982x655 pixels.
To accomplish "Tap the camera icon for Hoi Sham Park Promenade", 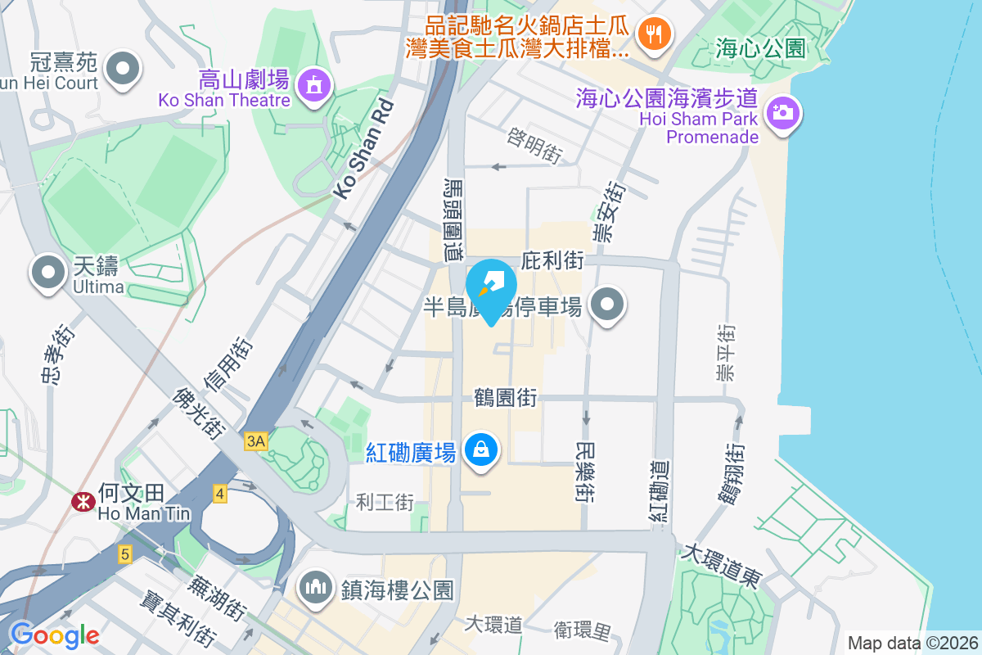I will coord(783,111).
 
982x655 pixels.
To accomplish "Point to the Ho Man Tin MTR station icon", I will coord(82,502).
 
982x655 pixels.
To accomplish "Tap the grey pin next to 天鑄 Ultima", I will coord(47,272).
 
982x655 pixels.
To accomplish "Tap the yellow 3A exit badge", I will coord(256,441).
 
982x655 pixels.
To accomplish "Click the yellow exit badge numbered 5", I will coord(124,554).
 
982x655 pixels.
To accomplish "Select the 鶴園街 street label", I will coord(506,398).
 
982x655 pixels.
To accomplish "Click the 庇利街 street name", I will coord(552,261).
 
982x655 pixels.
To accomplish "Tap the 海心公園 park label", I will coord(760,48).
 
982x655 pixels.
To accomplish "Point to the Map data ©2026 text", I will coord(912,643).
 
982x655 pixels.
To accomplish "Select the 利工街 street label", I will coord(385,502).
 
